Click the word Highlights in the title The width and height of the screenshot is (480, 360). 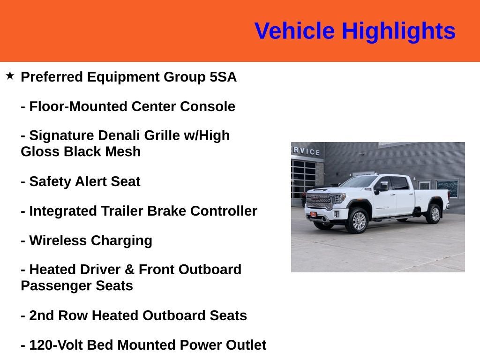398,31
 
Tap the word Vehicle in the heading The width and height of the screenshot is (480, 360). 294,31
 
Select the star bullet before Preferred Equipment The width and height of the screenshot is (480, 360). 10,75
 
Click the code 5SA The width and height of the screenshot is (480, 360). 223,77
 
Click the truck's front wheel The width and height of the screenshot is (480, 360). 358,221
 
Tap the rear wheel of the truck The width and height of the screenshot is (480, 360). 434,214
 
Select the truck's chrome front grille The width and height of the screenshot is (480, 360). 319,201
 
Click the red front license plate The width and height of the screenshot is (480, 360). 313,215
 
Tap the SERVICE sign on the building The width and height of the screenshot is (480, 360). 307,151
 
